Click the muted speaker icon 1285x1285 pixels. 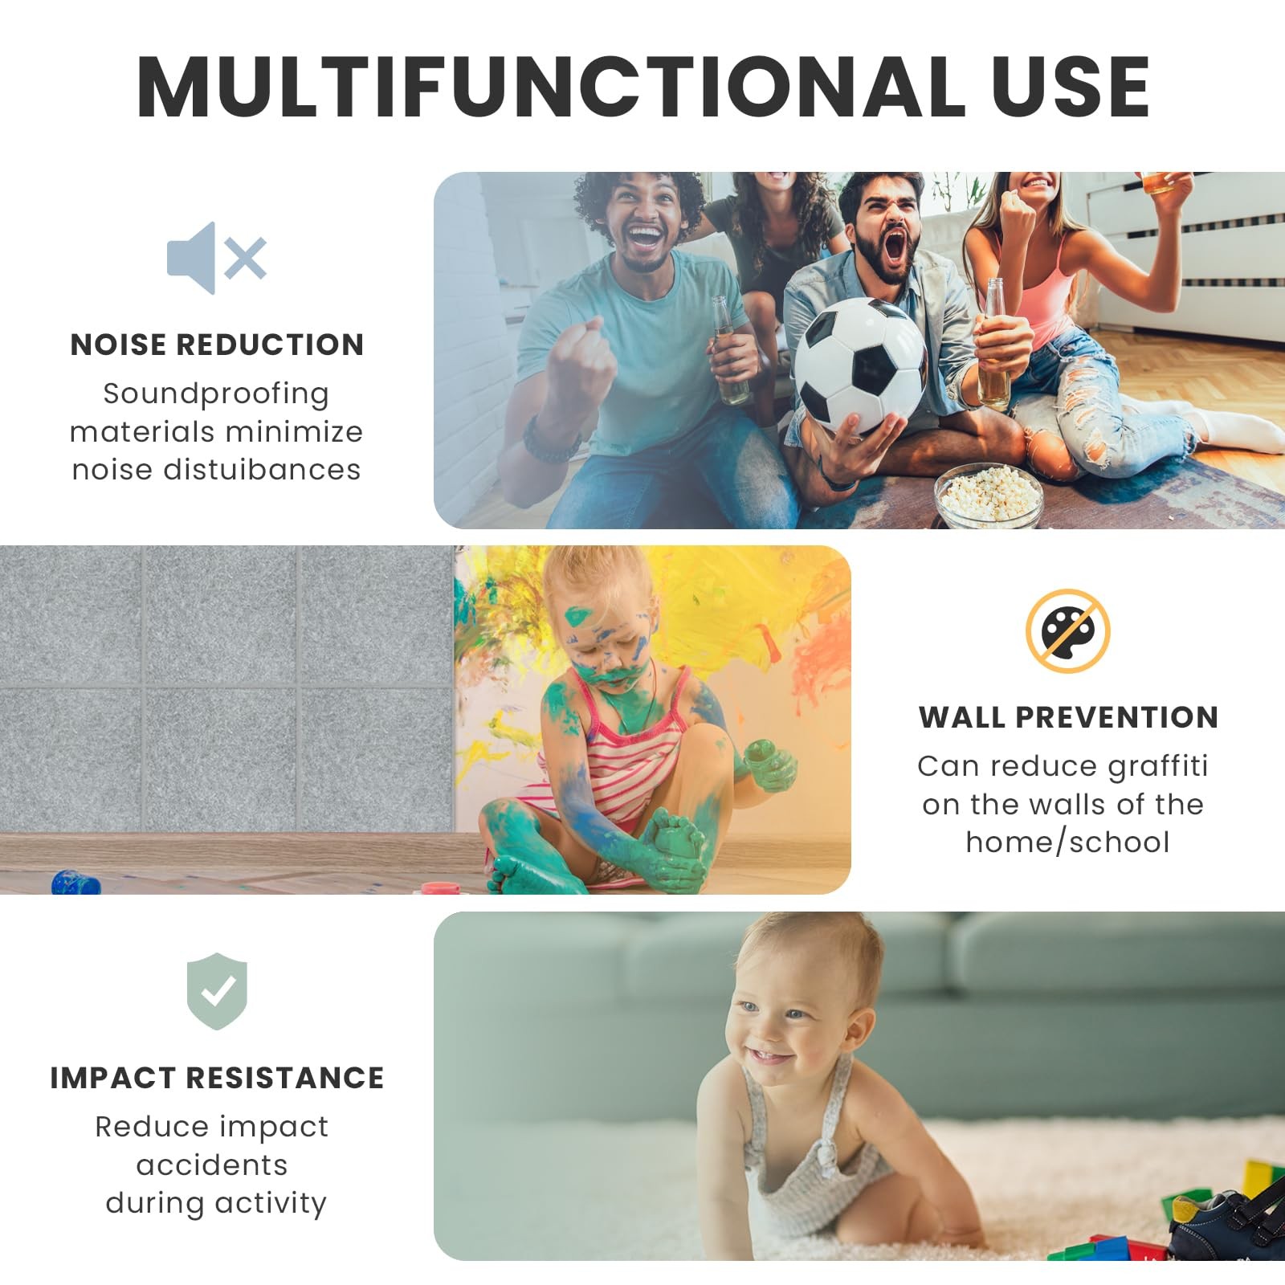[x=216, y=258]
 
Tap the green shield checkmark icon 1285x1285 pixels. [x=217, y=991]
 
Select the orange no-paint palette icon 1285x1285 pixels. [x=1067, y=630]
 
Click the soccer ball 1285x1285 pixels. [x=859, y=365]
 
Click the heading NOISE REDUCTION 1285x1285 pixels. [x=217, y=345]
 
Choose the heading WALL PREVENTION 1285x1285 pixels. [x=1068, y=717]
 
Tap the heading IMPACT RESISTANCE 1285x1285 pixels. [x=217, y=1078]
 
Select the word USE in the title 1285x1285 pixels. [x=1071, y=87]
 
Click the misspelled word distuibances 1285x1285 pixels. [x=262, y=469]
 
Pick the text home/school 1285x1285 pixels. [x=1067, y=842]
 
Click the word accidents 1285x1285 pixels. [x=212, y=1165]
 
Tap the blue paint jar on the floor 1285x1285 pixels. [x=76, y=882]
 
